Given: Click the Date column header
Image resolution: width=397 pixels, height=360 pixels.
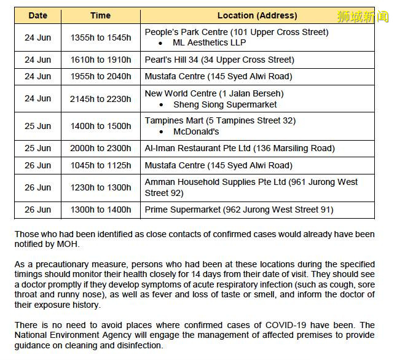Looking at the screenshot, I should coord(37,15).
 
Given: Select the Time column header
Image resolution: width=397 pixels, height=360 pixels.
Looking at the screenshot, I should coord(100,15).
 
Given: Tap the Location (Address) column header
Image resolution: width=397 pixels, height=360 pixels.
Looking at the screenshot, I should coord(257,15).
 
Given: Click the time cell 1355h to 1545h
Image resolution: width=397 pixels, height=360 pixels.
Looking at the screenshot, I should coord(101,37).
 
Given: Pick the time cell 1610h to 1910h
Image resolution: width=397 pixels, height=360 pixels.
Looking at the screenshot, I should coord(101,60).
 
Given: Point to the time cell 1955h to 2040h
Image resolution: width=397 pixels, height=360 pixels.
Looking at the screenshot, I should coord(101,76).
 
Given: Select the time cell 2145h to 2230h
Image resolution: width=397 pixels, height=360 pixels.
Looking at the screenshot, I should coord(101,99).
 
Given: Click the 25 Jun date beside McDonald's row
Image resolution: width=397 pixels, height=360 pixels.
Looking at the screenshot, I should coord(37,126).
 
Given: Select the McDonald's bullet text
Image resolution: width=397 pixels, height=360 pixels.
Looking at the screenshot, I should coord(196,131).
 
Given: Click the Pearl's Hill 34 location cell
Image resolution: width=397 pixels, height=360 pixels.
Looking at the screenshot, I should coord(219,60).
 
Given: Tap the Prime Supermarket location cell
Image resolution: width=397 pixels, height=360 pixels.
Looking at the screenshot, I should coord(239,209).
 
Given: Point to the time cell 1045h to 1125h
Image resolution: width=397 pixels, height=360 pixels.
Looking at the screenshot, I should coord(101,165).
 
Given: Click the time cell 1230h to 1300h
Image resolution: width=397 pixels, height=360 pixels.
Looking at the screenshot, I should coord(101,187).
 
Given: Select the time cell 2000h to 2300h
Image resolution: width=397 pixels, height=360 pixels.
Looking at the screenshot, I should coord(101,148).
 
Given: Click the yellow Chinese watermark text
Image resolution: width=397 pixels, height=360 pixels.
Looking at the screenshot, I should coord(363,17).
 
